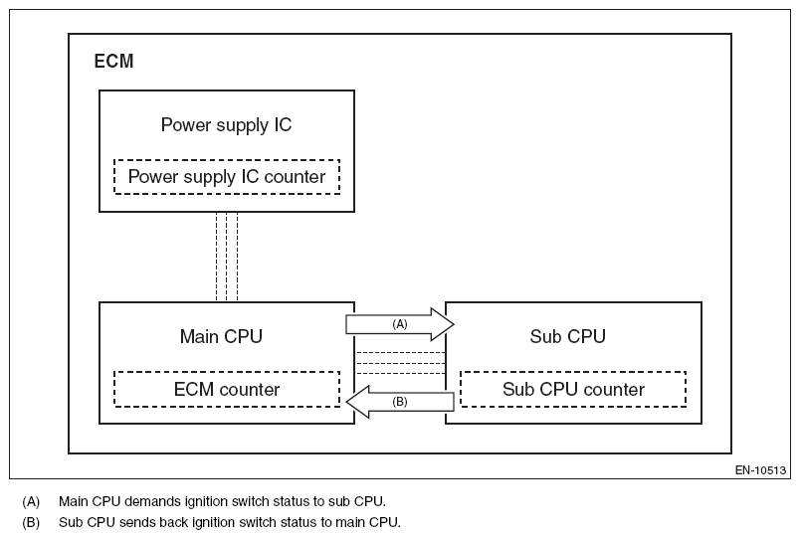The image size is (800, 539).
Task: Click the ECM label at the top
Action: [x=113, y=62]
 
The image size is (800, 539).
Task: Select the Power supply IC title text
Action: [x=226, y=125]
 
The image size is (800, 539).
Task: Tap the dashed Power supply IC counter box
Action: [x=227, y=177]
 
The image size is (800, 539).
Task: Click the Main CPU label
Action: [x=221, y=336]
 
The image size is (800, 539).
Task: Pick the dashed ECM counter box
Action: [x=227, y=389]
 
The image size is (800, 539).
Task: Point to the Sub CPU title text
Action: [x=567, y=336]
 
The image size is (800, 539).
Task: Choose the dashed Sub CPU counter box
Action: [x=573, y=389]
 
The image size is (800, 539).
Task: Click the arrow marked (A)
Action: [x=399, y=324]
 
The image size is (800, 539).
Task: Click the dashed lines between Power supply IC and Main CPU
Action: [x=227, y=256]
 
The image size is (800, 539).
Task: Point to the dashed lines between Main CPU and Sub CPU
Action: [x=400, y=363]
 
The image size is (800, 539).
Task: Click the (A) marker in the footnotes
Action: [x=31, y=501]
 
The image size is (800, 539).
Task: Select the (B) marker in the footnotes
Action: [x=31, y=522]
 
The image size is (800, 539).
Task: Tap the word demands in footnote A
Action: [x=150, y=501]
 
